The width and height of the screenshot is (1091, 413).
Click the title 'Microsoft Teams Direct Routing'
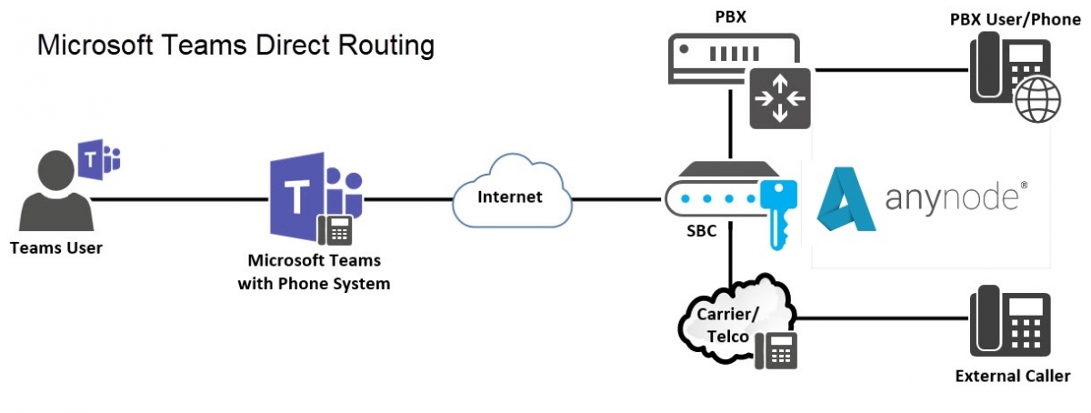click(235, 45)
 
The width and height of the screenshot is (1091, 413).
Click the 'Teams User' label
click(56, 247)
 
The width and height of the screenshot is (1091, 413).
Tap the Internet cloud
click(511, 195)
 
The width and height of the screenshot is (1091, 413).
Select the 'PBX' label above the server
click(733, 15)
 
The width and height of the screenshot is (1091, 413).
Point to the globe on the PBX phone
click(1036, 101)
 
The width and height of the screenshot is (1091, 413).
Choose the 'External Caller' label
click(1012, 376)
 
